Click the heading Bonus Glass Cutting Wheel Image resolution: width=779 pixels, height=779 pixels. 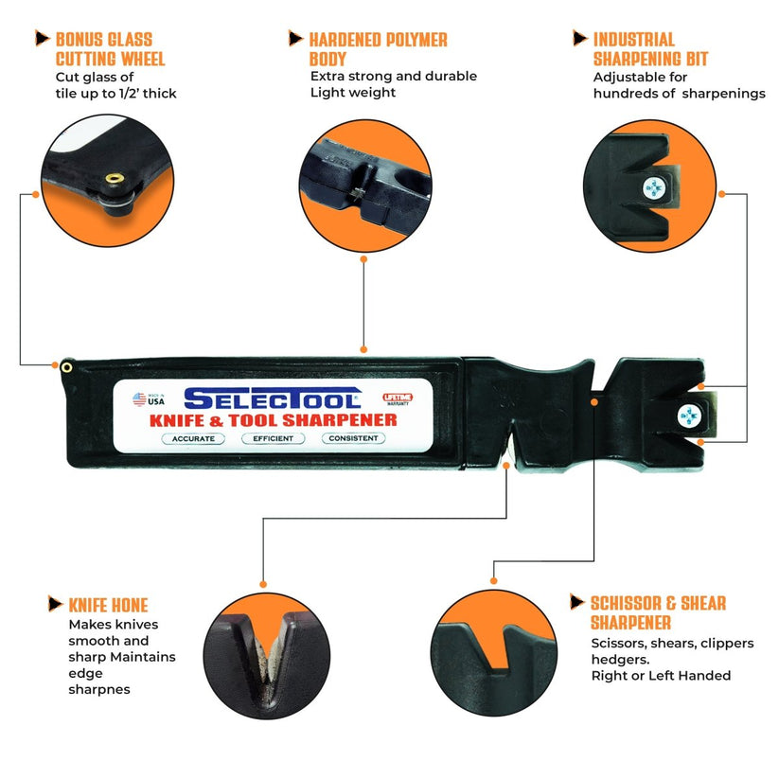[110, 49]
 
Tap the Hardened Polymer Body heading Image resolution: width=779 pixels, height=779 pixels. [378, 49]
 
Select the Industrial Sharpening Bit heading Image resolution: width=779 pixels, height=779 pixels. [647, 49]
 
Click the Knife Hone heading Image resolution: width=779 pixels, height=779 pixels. [108, 605]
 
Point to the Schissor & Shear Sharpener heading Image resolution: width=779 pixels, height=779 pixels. [659, 612]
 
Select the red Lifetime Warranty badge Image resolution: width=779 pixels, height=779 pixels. [397, 399]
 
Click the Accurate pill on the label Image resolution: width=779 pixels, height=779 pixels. [194, 438]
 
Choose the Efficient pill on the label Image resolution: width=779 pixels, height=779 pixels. [273, 438]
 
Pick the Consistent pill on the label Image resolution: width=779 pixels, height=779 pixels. [353, 438]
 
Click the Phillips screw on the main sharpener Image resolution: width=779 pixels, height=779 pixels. [689, 416]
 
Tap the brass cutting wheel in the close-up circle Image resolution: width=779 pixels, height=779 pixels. [115, 178]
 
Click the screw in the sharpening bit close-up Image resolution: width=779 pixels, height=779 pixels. [654, 188]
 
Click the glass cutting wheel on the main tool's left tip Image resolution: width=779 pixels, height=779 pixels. [66, 365]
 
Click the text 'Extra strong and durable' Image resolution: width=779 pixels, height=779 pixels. [393, 76]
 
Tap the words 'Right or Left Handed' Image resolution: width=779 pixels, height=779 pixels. [661, 675]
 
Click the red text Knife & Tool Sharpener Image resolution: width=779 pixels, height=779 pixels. [273, 419]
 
